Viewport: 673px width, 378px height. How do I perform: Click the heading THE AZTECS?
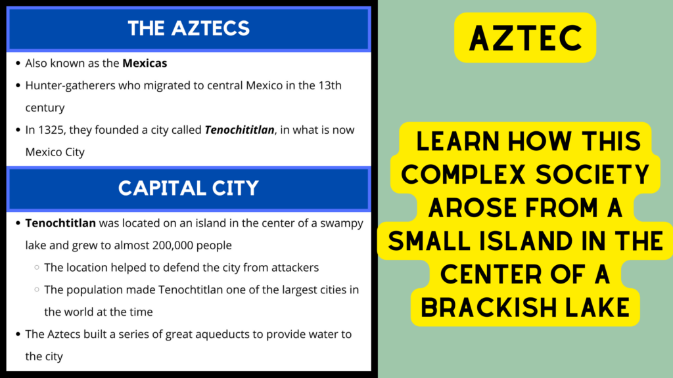tap(189, 28)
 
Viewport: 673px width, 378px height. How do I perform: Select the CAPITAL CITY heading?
tap(189, 188)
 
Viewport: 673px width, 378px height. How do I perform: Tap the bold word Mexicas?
tap(145, 64)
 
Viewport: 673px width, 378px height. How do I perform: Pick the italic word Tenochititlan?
tap(239, 130)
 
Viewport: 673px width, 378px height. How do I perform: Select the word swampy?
tap(340, 223)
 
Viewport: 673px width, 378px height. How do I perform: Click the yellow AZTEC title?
tap(525, 38)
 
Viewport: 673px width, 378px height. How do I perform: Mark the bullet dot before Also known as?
tap(17, 64)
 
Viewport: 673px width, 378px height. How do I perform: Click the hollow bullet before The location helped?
tap(36, 268)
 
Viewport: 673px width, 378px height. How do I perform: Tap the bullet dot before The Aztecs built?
tap(17, 335)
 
